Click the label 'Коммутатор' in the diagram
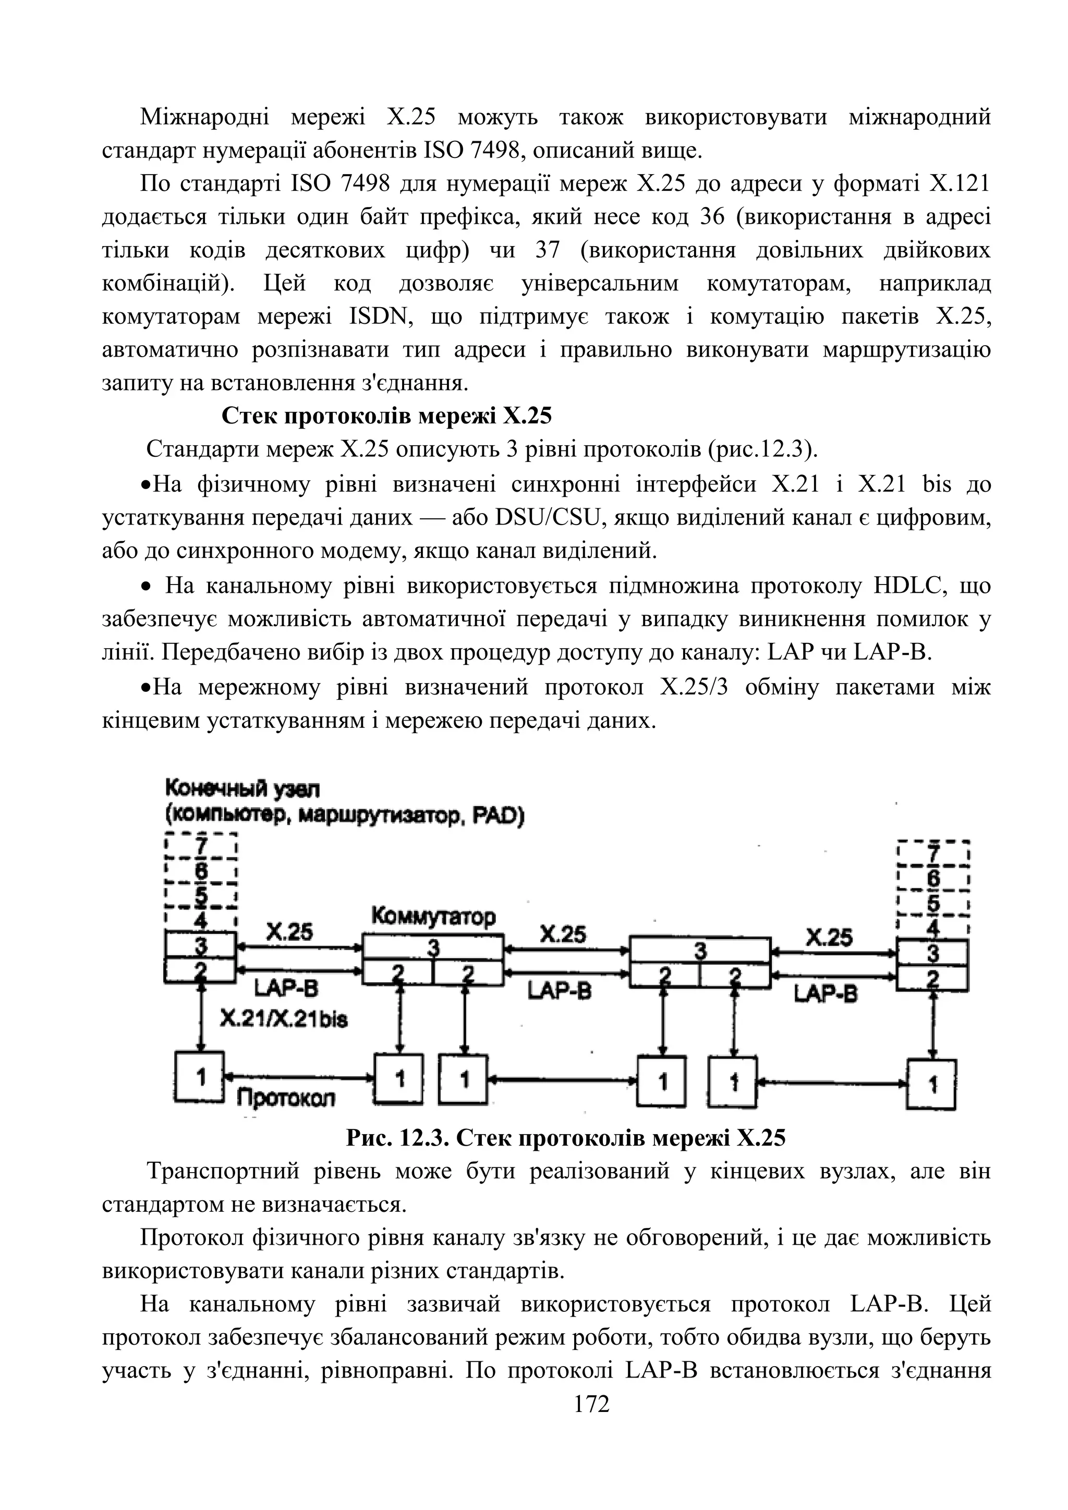pos(433,916)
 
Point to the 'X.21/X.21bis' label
pos(284,1019)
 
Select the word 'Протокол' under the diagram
pos(285,1098)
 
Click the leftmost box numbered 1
pos(200,1077)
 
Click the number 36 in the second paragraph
pos(711,217)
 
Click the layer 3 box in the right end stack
pos(932,953)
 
